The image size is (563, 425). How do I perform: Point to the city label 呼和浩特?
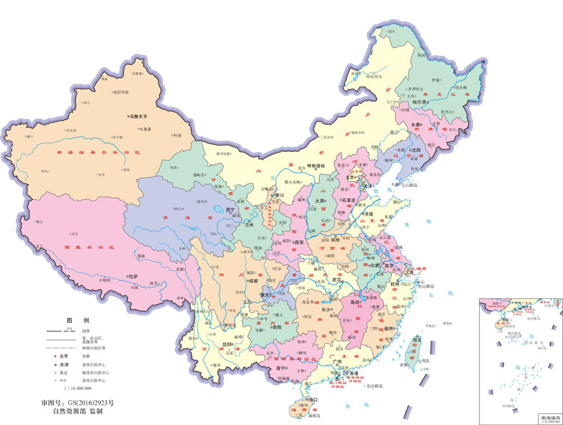313,167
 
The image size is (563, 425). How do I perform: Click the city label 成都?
252,281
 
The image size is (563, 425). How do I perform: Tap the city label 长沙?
327,309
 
